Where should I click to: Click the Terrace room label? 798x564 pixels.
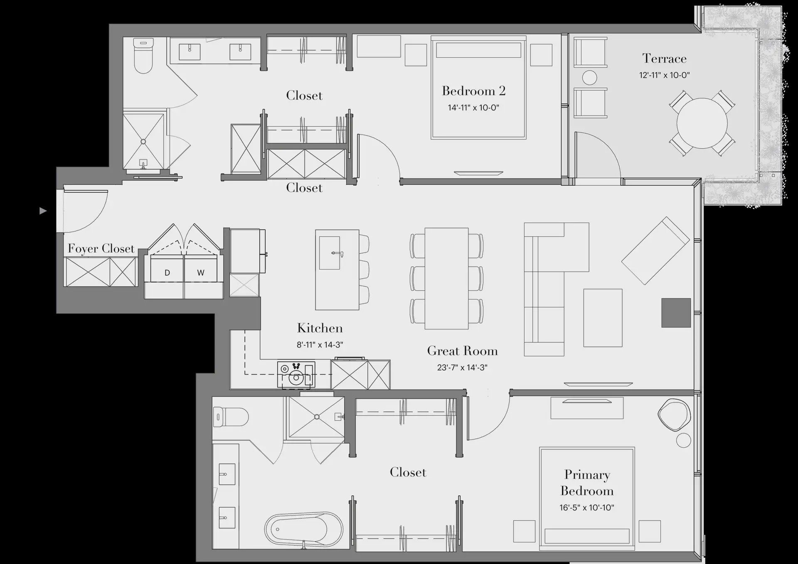[x=664, y=59]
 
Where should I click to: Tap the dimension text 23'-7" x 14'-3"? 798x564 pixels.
[x=462, y=368]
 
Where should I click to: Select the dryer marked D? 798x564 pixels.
[x=167, y=272]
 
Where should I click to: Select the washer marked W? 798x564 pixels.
[x=201, y=272]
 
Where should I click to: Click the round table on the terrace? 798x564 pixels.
[x=702, y=123]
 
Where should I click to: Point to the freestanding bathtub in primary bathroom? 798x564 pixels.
[x=304, y=530]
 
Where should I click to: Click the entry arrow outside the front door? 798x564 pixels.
[x=43, y=211]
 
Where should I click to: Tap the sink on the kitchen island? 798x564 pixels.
[x=330, y=253]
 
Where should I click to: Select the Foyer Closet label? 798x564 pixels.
[x=101, y=248]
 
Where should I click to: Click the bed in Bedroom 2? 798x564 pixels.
[x=478, y=87]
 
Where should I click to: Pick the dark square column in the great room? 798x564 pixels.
[x=676, y=313]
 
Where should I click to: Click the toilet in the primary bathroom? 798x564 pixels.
[x=230, y=417]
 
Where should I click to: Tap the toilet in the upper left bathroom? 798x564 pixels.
[x=143, y=56]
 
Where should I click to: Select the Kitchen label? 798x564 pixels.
[x=320, y=328]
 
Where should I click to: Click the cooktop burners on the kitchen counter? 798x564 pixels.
[x=296, y=374]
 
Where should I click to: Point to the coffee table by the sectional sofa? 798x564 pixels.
[x=603, y=318]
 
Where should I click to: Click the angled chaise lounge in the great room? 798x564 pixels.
[x=655, y=250]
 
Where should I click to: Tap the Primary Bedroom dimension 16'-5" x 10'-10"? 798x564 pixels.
[x=586, y=508]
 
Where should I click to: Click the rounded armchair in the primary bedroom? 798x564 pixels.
[x=674, y=415]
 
